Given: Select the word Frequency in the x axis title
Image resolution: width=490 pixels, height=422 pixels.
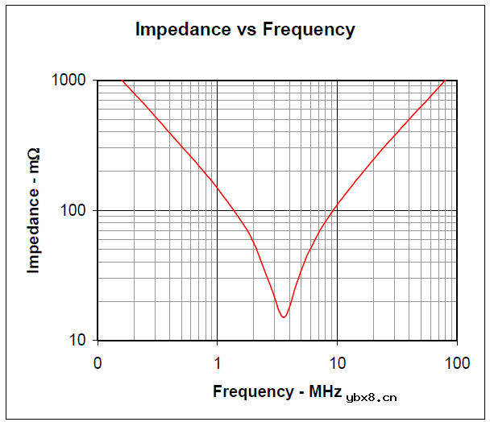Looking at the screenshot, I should [251, 392].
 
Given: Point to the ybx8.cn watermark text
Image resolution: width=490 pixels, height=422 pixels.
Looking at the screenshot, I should [372, 396].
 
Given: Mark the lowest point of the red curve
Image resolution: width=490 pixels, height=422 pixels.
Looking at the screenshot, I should [284, 316].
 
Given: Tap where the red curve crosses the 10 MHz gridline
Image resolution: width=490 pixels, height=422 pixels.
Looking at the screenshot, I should [337, 205].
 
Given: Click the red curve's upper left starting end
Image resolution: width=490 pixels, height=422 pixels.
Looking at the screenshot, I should [122, 81].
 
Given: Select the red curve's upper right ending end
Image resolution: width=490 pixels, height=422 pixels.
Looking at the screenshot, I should [445, 81].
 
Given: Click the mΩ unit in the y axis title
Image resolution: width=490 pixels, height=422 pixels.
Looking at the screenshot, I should [34, 158].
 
